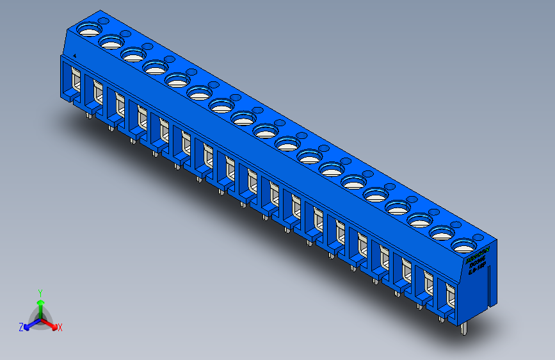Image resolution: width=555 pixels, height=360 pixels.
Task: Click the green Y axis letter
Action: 40,291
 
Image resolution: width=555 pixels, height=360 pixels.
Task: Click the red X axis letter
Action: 60,328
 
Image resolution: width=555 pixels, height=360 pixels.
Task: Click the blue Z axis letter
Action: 21,327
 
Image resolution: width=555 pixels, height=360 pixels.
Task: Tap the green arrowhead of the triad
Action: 40,300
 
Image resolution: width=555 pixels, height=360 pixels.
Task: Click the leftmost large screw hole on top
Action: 89,29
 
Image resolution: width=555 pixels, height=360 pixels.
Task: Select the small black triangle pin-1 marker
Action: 76,56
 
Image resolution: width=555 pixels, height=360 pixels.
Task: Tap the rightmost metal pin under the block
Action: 464,328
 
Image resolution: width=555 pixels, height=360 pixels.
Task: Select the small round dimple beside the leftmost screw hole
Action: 104,21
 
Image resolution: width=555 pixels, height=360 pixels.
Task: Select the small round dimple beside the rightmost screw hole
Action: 478,236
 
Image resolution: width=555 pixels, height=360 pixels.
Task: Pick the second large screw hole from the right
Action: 441,232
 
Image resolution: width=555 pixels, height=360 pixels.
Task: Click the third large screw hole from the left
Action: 133,54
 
